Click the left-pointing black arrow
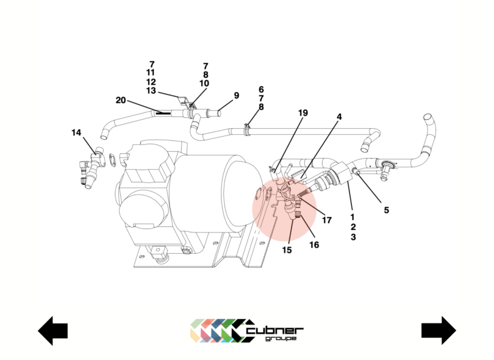(53, 331)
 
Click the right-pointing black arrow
(439, 331)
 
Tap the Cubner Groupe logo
(246, 330)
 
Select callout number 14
(76, 132)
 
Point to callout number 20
(121, 101)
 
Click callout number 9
(237, 96)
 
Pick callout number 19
(303, 113)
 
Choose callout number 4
(339, 117)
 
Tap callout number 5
(386, 211)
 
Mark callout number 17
(326, 220)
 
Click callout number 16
(314, 245)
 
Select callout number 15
(287, 250)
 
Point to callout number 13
(151, 91)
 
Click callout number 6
(261, 89)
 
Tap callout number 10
(204, 84)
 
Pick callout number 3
(353, 237)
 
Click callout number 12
(151, 82)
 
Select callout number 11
(151, 73)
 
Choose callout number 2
(353, 227)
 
